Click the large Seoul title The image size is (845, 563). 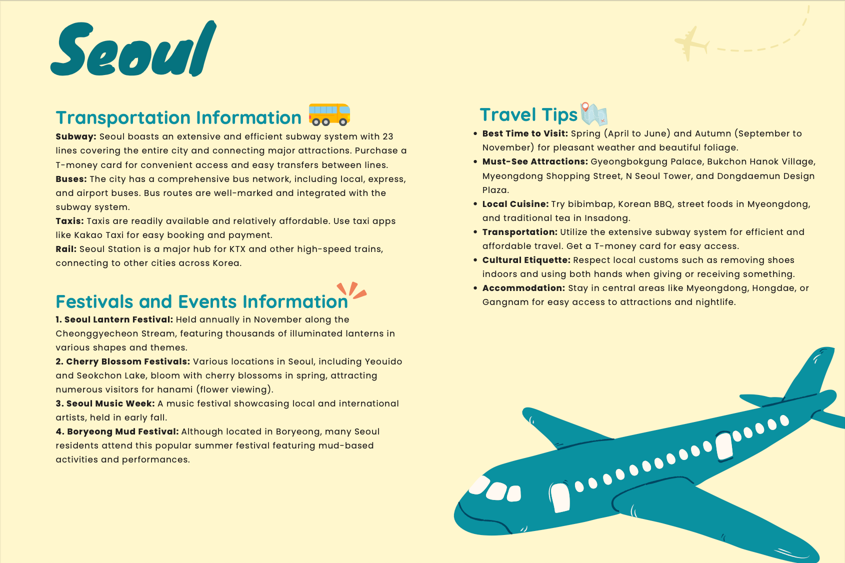tap(134, 50)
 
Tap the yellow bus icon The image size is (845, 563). tap(329, 114)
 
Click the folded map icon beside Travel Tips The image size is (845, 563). tap(593, 114)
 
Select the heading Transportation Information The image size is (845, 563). tap(178, 118)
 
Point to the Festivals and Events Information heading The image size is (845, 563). tap(201, 302)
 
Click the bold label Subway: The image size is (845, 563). tap(76, 136)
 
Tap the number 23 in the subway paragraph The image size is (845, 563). tap(388, 136)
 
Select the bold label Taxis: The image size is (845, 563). tap(69, 221)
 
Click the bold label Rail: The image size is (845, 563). tap(66, 249)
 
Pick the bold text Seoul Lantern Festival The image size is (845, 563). tap(118, 319)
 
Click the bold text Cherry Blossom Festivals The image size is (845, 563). tap(127, 361)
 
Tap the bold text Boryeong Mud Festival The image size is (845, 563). tap(122, 431)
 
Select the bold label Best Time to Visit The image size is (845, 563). tap(525, 133)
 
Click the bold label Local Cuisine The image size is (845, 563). tap(515, 204)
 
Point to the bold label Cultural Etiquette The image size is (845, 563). tap(526, 260)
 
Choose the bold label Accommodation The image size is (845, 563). tap(523, 288)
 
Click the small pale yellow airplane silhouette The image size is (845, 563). tap(691, 43)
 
